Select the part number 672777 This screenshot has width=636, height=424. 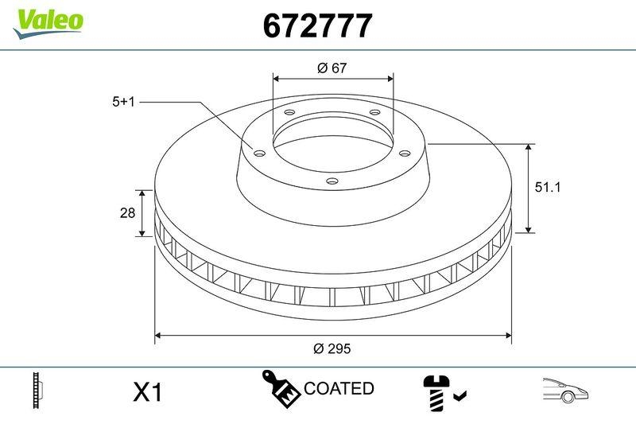[317, 26]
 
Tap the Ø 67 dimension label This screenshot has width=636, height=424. [333, 69]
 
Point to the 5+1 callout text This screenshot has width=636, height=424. [126, 102]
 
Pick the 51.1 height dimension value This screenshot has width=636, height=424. [547, 189]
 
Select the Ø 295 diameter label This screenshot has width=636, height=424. [332, 348]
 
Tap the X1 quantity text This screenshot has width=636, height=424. [147, 391]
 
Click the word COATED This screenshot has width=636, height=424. [339, 388]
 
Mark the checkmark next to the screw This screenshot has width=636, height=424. [460, 395]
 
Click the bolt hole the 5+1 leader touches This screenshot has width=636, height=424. [259, 152]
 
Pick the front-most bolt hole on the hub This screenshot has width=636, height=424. [332, 181]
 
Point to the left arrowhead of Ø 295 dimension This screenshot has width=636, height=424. [158, 336]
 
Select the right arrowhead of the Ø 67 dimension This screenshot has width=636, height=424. [390, 79]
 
